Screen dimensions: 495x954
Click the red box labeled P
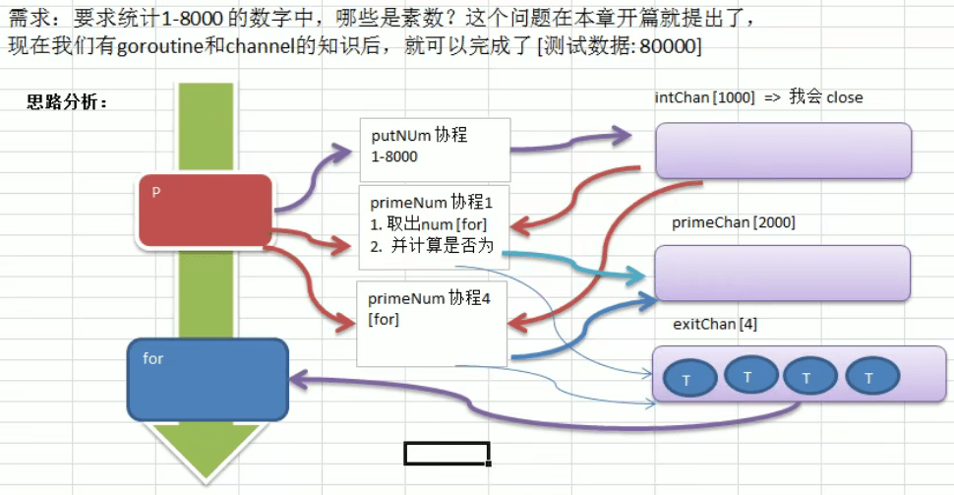pyautogui.click(x=205, y=210)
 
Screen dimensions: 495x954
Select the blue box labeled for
pyautogui.click(x=208, y=379)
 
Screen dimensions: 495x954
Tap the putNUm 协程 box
pyautogui.click(x=435, y=150)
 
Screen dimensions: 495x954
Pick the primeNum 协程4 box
pyautogui.click(x=432, y=323)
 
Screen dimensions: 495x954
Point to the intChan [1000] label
pyautogui.click(x=704, y=97)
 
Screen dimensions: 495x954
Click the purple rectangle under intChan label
pyautogui.click(x=783, y=151)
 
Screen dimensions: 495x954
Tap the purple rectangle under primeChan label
pyautogui.click(x=783, y=273)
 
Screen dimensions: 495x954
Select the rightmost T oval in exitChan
pyautogui.click(x=868, y=377)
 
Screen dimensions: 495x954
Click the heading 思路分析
pyautogui.click(x=67, y=102)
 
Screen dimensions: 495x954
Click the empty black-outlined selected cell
pyautogui.click(x=447, y=453)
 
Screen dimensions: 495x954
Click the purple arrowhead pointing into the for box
pyautogui.click(x=297, y=379)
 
